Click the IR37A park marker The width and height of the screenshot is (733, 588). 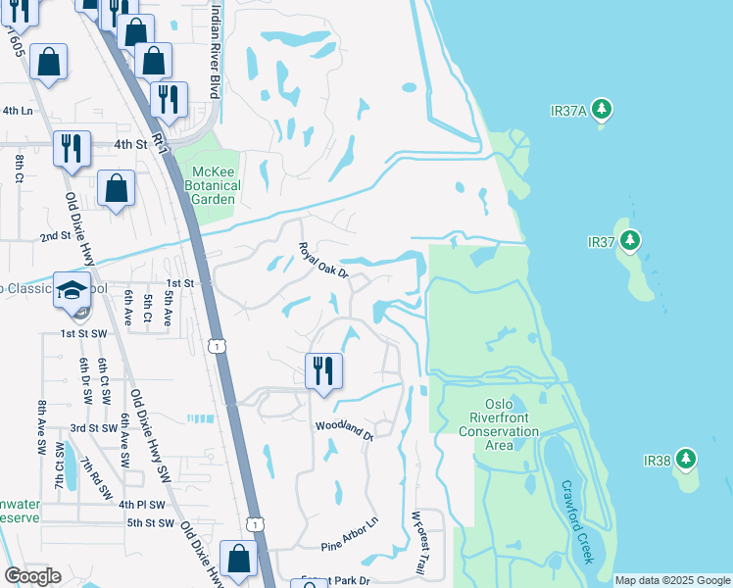point(606,108)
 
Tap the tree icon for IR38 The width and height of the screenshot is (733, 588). point(686,459)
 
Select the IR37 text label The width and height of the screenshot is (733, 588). point(601,241)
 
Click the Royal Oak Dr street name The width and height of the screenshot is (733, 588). point(324,260)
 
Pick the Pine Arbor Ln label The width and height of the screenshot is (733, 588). point(350,534)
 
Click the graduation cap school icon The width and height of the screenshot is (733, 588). point(73,290)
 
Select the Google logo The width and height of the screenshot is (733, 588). point(31,576)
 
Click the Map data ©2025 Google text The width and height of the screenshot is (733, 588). point(672,580)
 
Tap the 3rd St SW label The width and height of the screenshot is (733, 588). point(93,428)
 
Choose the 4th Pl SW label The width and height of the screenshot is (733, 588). point(142,505)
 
